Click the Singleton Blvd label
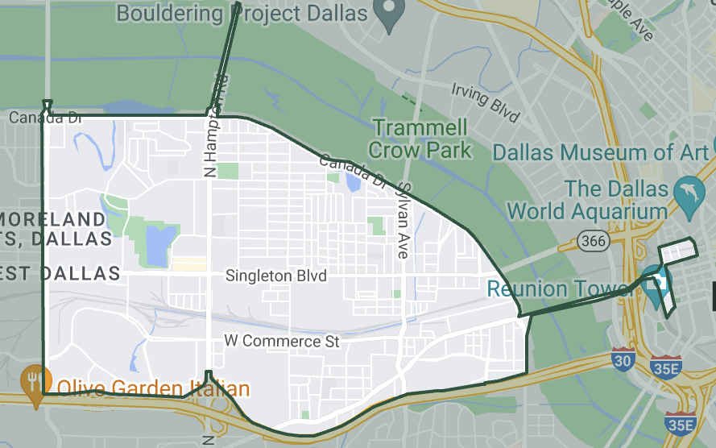pos(276,276)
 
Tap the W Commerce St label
pos(282,342)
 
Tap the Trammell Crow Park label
pos(420,139)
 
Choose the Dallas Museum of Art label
pos(601,152)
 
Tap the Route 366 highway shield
pos(593,239)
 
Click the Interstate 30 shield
pos(622,359)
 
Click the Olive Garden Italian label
pos(153,390)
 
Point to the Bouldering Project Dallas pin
pos(391,13)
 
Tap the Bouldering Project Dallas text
pos(242,14)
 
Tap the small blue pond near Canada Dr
pos(352,182)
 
